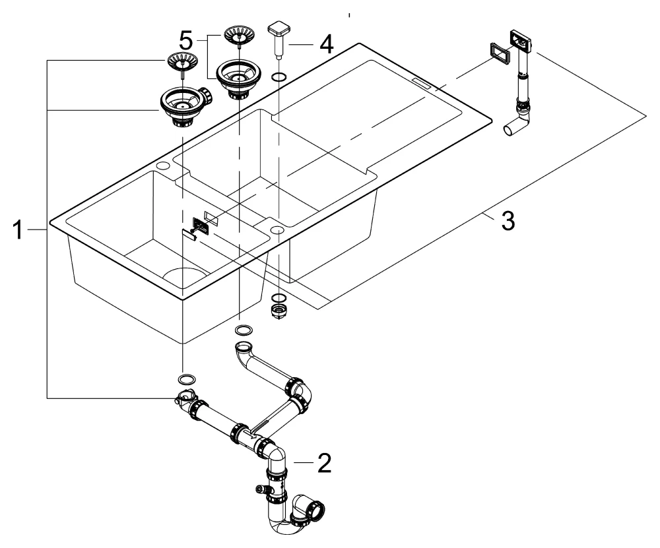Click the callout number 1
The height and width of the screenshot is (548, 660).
click(19, 230)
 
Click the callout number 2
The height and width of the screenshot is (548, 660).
click(323, 464)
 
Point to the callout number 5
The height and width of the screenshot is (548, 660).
click(187, 40)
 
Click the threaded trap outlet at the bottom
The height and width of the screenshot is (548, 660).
click(317, 510)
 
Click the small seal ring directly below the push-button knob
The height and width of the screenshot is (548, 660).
click(279, 77)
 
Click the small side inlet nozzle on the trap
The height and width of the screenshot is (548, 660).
click(259, 490)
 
